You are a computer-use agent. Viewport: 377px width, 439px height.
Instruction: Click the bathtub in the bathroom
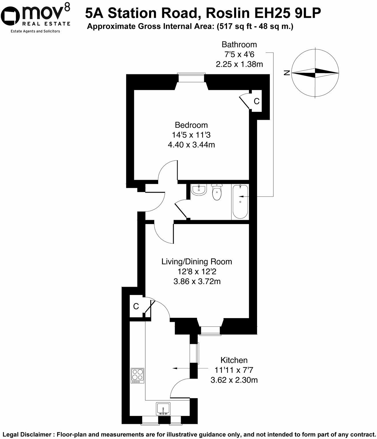[x=240, y=201]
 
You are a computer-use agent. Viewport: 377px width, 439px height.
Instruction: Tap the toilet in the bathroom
[x=216, y=192]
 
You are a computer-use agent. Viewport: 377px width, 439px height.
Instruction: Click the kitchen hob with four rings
[x=138, y=376]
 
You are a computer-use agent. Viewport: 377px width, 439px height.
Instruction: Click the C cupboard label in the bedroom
[x=257, y=101]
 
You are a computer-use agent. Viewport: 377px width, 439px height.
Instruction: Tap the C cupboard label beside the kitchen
[x=136, y=306]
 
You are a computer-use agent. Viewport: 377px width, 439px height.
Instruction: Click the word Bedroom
[x=191, y=125]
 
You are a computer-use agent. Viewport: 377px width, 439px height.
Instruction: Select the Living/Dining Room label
[x=196, y=262]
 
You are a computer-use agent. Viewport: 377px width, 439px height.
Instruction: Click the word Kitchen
[x=234, y=360]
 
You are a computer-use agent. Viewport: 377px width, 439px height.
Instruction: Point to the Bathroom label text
[x=239, y=44]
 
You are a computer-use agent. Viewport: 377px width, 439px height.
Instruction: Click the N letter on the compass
[x=287, y=73]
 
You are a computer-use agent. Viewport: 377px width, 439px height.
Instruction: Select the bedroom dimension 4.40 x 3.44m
[x=191, y=145]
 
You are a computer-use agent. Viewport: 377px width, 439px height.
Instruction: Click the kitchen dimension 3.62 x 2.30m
[x=234, y=380]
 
